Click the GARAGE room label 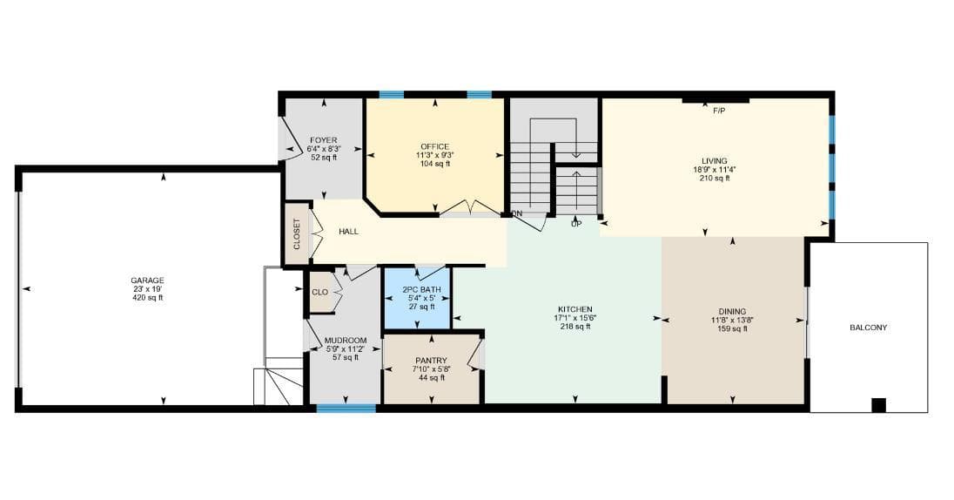(148, 280)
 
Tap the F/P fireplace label (719, 111)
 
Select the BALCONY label (868, 328)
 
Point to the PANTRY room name (431, 361)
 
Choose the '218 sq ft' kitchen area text (575, 327)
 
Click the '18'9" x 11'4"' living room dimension (715, 170)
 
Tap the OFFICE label (435, 146)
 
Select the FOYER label (323, 141)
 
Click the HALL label (349, 232)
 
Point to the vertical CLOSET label (297, 234)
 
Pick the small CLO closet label (320, 293)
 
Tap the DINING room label (732, 312)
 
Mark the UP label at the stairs (576, 224)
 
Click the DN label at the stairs (517, 213)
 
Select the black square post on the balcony (878, 405)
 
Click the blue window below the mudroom (346, 408)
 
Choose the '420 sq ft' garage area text (148, 298)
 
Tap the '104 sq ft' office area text (435, 164)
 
